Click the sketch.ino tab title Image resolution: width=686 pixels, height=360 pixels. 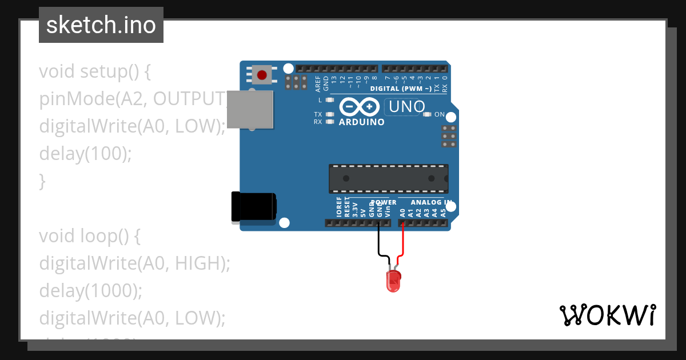101,25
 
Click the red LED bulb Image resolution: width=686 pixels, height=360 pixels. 393,282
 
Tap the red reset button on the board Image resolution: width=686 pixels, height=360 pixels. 262,75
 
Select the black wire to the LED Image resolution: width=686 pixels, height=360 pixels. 378,243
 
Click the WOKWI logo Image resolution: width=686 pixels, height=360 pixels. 607,315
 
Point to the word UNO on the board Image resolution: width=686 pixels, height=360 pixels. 405,107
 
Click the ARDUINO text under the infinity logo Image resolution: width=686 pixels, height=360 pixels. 361,122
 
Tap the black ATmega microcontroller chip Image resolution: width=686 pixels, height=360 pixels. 388,178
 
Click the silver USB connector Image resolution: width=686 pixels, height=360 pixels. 250,109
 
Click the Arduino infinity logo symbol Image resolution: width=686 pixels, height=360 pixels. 359,107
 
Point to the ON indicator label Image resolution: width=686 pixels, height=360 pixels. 439,114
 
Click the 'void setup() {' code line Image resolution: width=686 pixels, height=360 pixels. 94,72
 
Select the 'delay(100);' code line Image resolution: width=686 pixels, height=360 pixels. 85,154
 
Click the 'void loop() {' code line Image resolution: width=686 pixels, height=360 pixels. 90,235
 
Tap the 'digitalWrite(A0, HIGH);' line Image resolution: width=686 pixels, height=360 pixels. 134,263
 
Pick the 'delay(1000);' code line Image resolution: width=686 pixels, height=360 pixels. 90,290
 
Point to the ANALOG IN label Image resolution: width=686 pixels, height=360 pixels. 431,202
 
